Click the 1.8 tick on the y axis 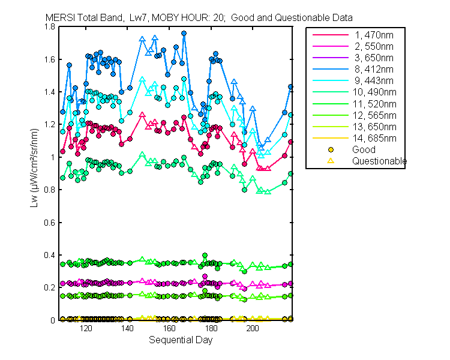[x=52, y=27]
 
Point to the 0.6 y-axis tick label [x=52, y=223]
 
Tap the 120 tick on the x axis [x=86, y=329]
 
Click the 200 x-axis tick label [x=253, y=329]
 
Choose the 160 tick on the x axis [x=169, y=329]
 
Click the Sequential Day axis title [x=180, y=340]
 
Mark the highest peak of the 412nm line [x=184, y=34]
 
